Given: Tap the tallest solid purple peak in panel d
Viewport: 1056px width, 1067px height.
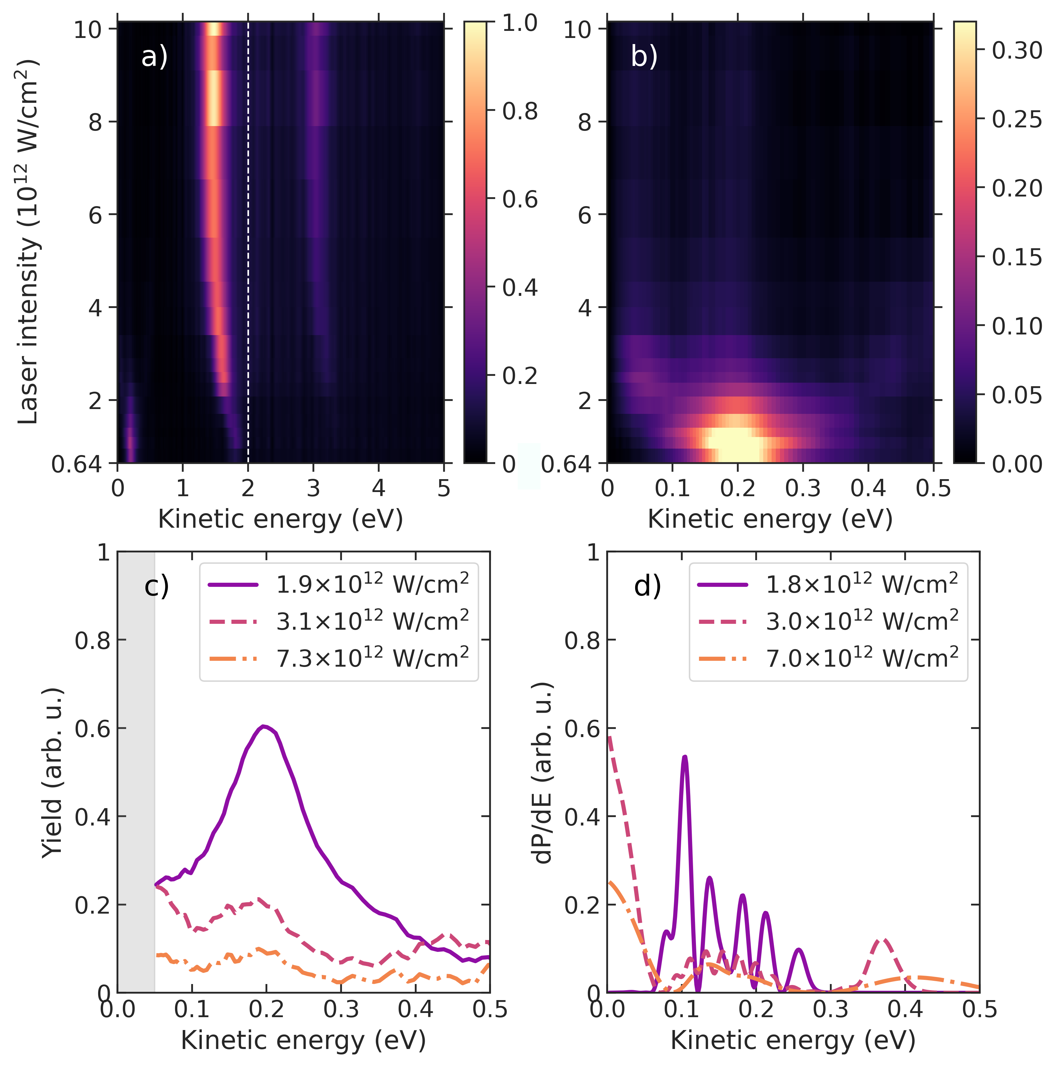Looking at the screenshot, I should tap(685, 757).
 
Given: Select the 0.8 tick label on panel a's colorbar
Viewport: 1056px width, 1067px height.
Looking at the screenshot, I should tap(519, 111).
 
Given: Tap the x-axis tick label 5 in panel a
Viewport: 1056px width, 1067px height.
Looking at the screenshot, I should tap(444, 488).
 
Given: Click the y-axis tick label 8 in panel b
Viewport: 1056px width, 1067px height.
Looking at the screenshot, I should tap(586, 122).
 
